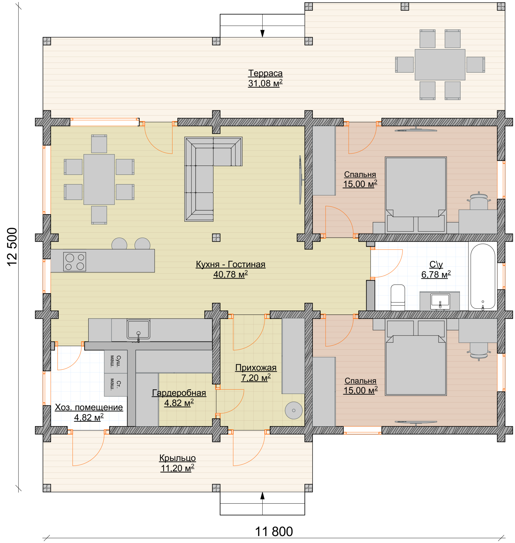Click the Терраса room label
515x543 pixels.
265,73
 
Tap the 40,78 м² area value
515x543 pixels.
231,274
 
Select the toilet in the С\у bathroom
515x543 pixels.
398,298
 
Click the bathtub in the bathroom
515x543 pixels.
483,276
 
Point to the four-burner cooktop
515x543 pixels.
75,261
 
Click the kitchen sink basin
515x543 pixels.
138,329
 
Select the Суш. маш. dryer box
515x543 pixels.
116,361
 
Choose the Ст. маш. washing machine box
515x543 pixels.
116,385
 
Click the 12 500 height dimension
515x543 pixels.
12,247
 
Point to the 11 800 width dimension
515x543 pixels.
274,532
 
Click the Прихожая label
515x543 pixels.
256,368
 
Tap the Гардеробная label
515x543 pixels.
179,393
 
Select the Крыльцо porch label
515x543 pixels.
177,458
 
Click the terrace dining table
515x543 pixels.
440,65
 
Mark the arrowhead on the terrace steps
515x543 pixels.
262,34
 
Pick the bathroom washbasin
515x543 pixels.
440,301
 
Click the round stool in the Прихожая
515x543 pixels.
294,411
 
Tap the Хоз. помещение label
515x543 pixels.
89,407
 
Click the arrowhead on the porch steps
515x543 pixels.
262,496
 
